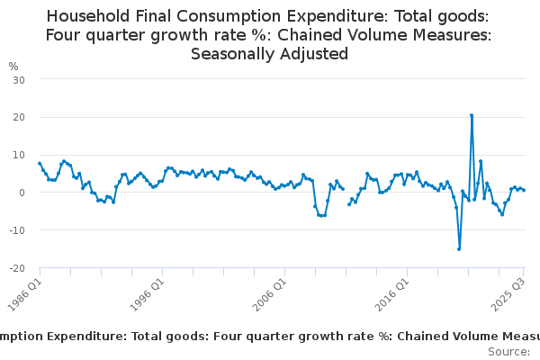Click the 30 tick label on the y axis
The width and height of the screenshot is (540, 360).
[19, 79]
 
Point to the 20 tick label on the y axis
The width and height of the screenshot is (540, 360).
[19, 117]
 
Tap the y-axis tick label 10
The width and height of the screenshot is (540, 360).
[19, 155]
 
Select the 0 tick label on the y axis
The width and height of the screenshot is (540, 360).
[22, 193]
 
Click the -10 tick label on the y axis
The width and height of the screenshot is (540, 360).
[17, 230]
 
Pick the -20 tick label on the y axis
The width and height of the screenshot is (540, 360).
[17, 268]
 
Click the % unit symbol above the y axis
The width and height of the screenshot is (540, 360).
[13, 67]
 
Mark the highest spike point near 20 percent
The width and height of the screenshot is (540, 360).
[472, 115]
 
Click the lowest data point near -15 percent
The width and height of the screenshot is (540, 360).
[459, 249]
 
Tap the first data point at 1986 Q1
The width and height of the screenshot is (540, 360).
[40, 163]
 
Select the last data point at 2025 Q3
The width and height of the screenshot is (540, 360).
[525, 190]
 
